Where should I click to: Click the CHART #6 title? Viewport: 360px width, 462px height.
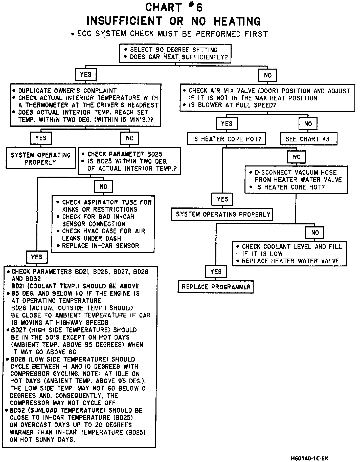[x=174, y=8]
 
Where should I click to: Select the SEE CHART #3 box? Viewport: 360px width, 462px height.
[x=309, y=139]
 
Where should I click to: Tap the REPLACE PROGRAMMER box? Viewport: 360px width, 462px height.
[x=216, y=287]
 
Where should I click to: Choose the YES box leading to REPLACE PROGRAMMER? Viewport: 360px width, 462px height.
[x=216, y=272]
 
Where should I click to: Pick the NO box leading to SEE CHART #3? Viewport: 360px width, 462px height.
[x=308, y=124]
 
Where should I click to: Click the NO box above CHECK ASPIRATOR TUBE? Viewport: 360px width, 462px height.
[x=103, y=187]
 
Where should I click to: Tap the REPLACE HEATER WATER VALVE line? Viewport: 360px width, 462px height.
[x=290, y=261]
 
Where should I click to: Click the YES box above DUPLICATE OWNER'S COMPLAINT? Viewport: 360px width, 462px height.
[x=86, y=75]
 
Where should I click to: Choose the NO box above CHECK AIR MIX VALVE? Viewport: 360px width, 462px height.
[x=267, y=75]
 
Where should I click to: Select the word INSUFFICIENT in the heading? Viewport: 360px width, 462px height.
[x=124, y=21]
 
